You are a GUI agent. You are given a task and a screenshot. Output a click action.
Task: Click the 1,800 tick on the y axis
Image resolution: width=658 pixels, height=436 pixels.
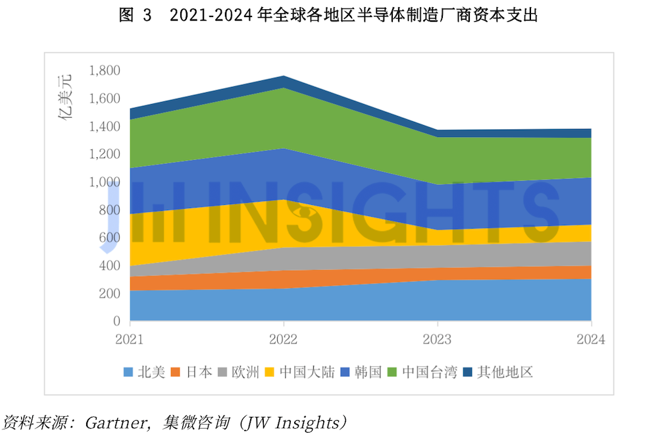[x=105, y=70]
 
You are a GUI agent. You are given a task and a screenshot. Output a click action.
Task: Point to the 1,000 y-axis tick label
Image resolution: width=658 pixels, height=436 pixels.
[x=105, y=182]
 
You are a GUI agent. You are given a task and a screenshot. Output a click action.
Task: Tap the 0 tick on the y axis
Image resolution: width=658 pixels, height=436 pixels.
[x=116, y=322]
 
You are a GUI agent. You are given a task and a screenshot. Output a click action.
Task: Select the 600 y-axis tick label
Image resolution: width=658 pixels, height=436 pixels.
[x=109, y=238]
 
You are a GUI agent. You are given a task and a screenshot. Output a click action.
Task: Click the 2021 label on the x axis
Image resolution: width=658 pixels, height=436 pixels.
[x=130, y=340]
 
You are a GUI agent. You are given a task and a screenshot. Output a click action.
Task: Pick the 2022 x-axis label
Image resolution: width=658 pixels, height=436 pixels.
[x=284, y=340]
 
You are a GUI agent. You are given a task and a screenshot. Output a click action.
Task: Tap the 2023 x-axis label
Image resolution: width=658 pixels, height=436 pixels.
[x=437, y=340]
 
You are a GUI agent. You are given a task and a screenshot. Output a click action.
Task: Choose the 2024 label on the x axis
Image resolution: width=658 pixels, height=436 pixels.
[x=590, y=340]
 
